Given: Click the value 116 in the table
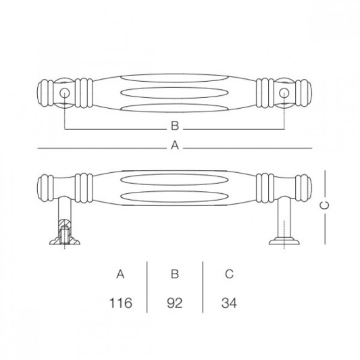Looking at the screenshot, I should pyautogui.click(x=120, y=303).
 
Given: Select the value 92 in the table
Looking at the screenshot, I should pyautogui.click(x=175, y=303).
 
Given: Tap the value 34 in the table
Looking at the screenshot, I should pyautogui.click(x=228, y=303).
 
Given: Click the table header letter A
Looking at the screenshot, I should pyautogui.click(x=120, y=274).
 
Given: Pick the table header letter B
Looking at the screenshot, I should pyautogui.click(x=175, y=274).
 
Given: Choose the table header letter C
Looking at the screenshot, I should pyautogui.click(x=229, y=274).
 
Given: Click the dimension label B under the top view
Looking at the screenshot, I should pyautogui.click(x=174, y=126).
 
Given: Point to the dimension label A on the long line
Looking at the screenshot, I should pyautogui.click(x=175, y=145).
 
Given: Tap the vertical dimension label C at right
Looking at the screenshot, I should pyautogui.click(x=325, y=204).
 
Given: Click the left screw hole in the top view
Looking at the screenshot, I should pyautogui.click(x=65, y=93).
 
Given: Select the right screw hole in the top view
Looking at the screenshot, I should pyautogui.click(x=284, y=93).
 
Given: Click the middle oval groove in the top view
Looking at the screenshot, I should pyautogui.click(x=174, y=93).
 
